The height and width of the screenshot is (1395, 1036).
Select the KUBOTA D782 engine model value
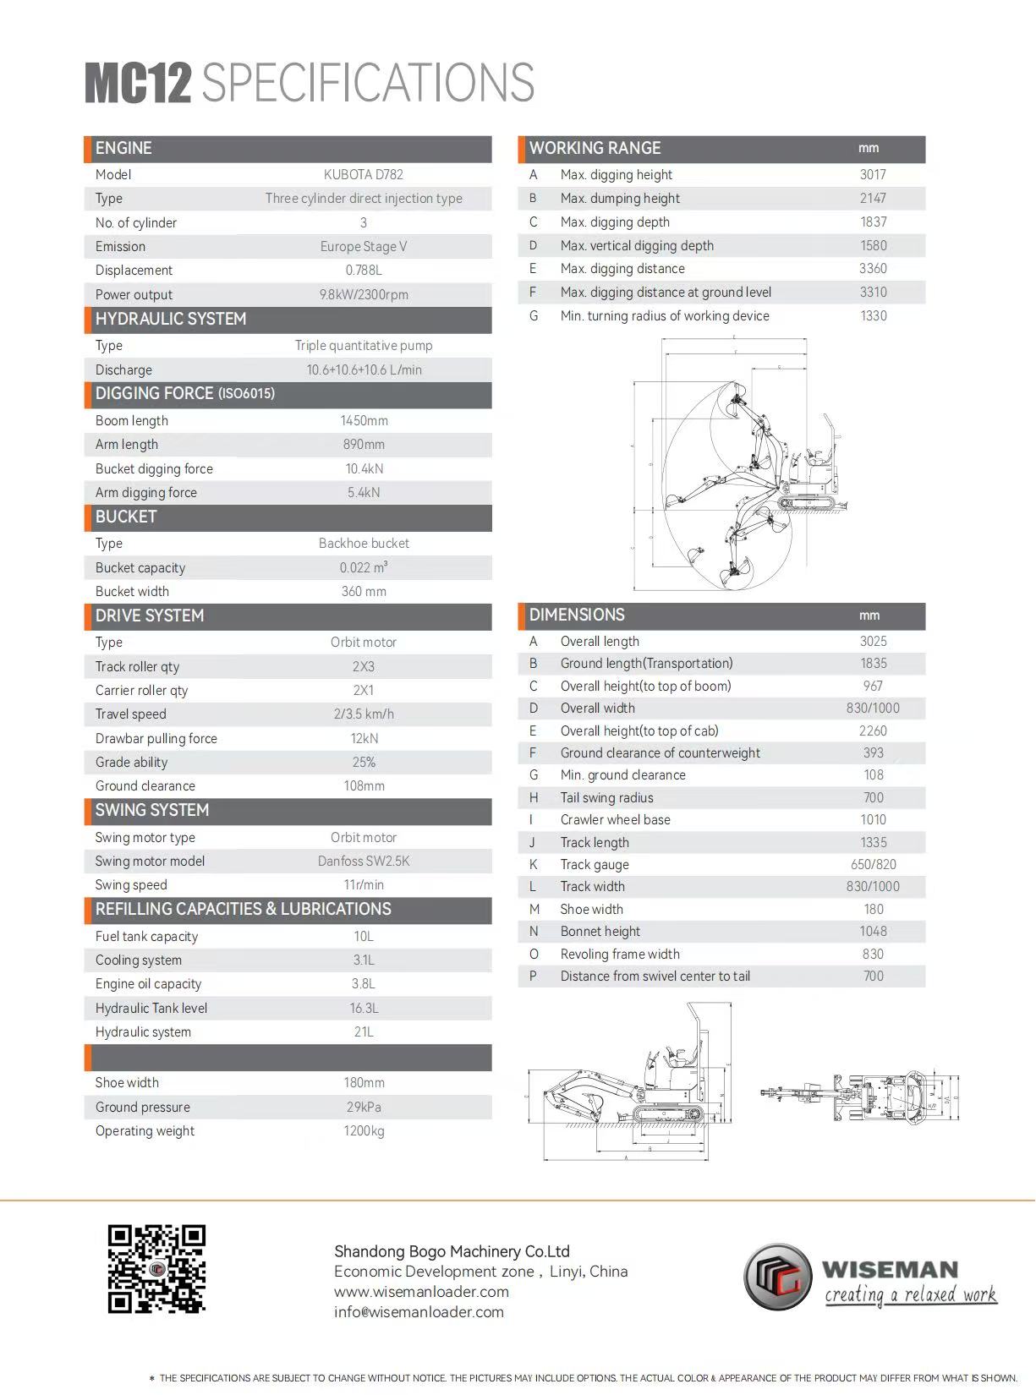pyautogui.click(x=364, y=175)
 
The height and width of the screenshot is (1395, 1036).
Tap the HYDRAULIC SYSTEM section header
pyautogui.click(x=171, y=320)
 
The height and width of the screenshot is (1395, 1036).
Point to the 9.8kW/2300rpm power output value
pyautogui.click(x=364, y=295)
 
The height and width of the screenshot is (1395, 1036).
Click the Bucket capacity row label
pyautogui.click(x=140, y=568)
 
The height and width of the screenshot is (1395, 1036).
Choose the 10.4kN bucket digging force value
pyautogui.click(x=364, y=469)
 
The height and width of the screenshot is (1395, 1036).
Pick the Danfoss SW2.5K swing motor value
pyautogui.click(x=364, y=862)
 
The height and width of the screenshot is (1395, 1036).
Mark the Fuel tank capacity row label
pyautogui.click(x=146, y=937)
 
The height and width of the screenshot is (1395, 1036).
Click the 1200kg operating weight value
pyautogui.click(x=364, y=1131)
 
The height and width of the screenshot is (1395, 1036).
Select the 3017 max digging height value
pyautogui.click(x=873, y=175)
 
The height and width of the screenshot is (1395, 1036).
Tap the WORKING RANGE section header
pyautogui.click(x=595, y=149)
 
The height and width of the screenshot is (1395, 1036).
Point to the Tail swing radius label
pyautogui.click(x=606, y=798)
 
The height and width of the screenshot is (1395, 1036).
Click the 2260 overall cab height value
pyautogui.click(x=873, y=731)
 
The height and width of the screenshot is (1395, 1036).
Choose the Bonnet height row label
pyautogui.click(x=600, y=932)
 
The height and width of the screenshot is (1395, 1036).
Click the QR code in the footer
pyautogui.click(x=156, y=1268)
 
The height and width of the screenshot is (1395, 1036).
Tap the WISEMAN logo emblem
pyautogui.click(x=777, y=1276)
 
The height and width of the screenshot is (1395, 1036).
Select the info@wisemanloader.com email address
pyautogui.click(x=419, y=1312)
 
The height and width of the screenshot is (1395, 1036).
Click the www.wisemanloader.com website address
pyautogui.click(x=421, y=1292)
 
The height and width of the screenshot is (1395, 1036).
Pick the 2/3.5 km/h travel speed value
pyautogui.click(x=364, y=714)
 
